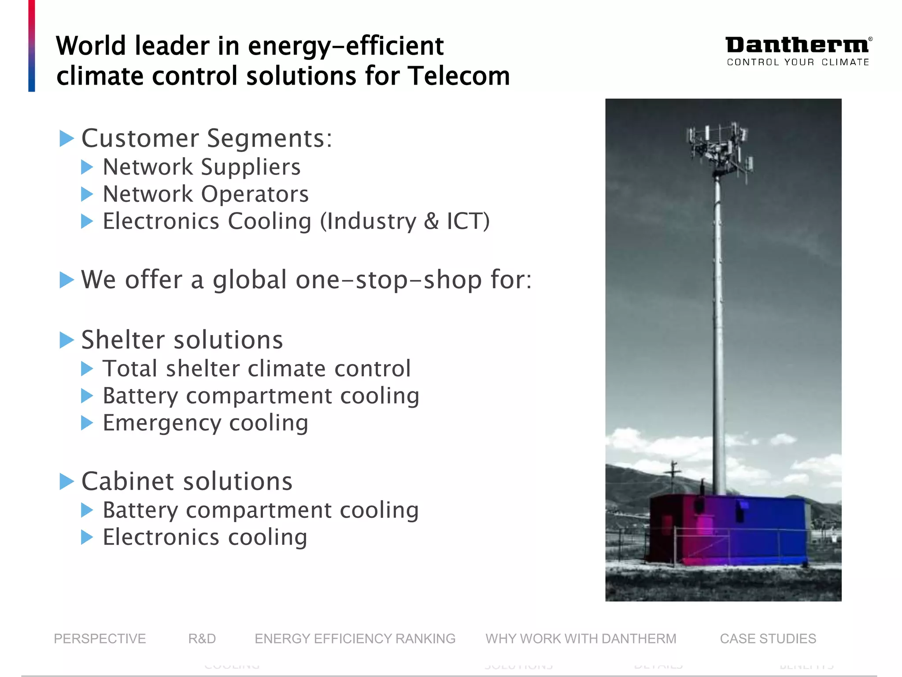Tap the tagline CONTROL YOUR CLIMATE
[798, 62]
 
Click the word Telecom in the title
[458, 76]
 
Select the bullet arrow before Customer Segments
[67, 138]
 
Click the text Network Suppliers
[201, 167]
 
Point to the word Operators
[255, 194]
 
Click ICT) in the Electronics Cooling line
[468, 221]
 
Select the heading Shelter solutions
[182, 340]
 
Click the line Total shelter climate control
[256, 368]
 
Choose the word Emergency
[162, 423]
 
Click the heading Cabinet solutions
[187, 481]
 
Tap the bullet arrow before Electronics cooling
[87, 537]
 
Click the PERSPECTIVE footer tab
[100, 639]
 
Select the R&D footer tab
[202, 639]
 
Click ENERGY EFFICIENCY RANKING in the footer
[355, 639]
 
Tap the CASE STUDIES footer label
[768, 639]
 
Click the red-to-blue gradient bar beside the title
[32, 46]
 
